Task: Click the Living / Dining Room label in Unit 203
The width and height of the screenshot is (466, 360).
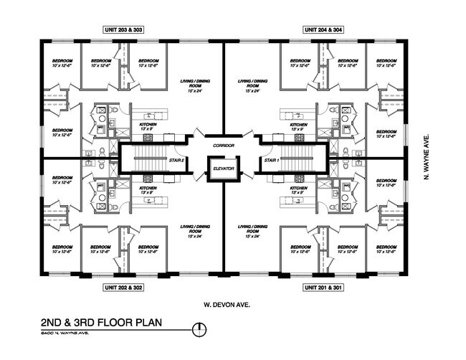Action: click(x=191, y=87)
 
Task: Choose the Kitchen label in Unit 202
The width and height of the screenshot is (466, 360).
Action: click(x=148, y=191)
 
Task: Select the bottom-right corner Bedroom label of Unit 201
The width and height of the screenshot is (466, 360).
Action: click(x=387, y=251)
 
